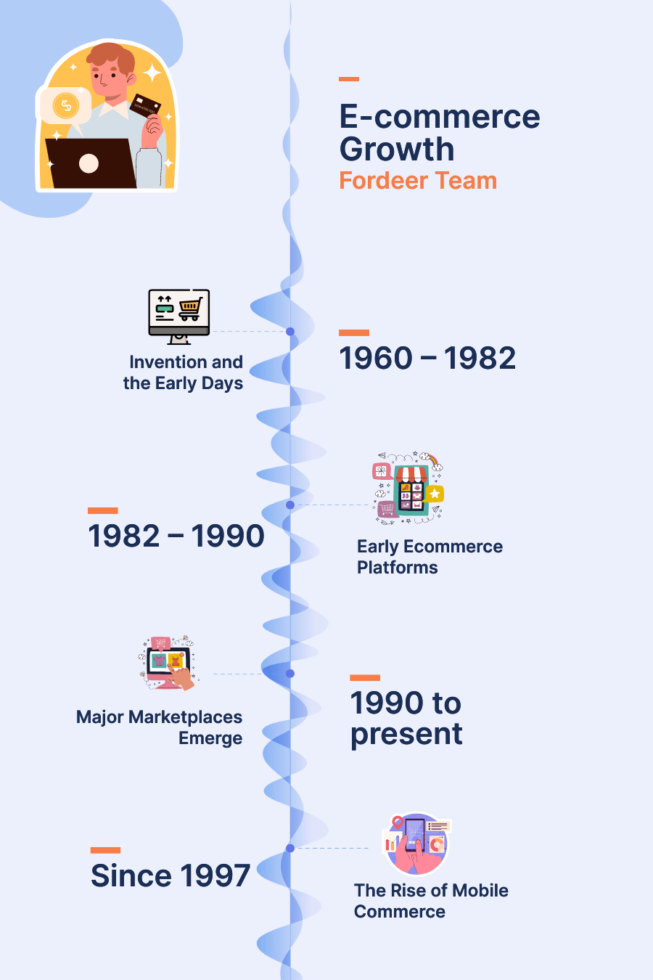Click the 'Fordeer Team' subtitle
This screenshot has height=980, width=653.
(418, 181)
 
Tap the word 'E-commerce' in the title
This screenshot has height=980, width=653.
(440, 117)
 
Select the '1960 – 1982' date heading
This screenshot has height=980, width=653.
(427, 358)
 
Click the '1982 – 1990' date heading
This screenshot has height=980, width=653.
(176, 536)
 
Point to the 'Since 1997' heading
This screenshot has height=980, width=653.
(170, 875)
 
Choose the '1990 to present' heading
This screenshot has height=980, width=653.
(406, 718)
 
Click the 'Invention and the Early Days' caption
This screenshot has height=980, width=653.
(183, 372)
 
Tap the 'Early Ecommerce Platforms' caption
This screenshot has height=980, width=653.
(430, 557)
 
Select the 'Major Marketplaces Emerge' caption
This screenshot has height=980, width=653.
(159, 727)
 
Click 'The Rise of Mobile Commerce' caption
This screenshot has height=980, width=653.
(431, 901)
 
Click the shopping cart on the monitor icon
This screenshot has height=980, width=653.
(191, 309)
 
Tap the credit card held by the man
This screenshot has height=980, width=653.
(145, 105)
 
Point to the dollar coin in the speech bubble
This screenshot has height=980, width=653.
(66, 105)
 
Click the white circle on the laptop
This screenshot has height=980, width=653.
(89, 163)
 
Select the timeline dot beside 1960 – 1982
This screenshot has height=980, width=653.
(290, 332)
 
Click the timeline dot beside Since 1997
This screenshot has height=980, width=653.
(290, 849)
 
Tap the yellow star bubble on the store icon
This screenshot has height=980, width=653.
(435, 494)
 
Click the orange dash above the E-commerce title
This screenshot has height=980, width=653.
(348, 79)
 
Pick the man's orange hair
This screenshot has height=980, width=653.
(112, 57)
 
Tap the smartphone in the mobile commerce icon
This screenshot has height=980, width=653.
(415, 836)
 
